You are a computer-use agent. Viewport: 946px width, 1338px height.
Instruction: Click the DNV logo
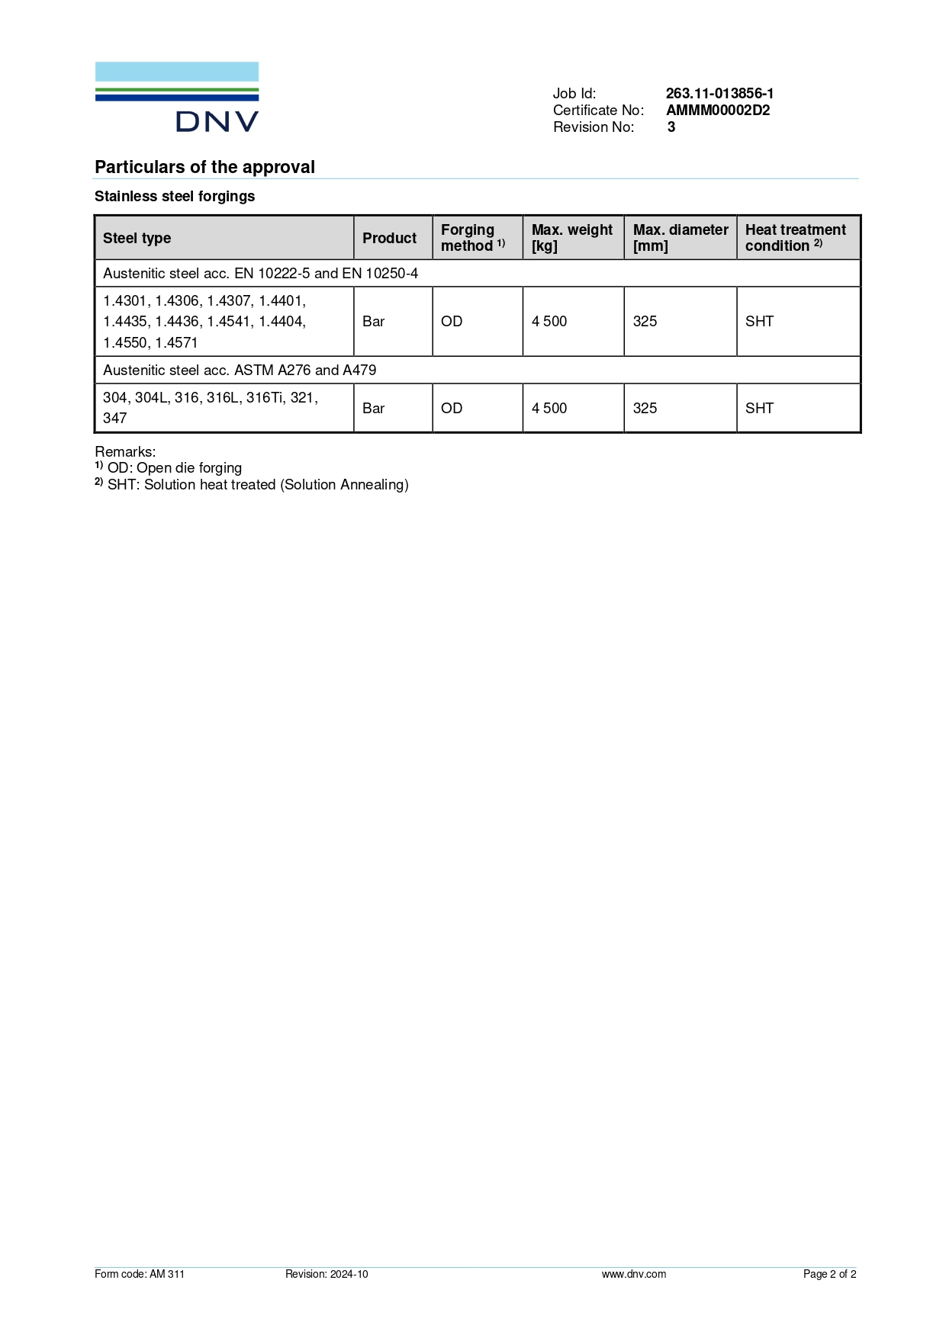click(x=177, y=97)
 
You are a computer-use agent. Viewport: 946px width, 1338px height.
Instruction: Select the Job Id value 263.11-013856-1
click(x=719, y=93)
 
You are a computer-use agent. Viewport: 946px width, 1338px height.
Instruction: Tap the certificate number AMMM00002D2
click(x=718, y=110)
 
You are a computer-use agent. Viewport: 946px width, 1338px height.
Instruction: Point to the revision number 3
click(x=671, y=127)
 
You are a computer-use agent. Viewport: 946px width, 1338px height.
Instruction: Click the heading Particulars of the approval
click(x=204, y=167)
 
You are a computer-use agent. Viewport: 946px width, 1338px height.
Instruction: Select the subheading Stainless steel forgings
click(x=175, y=196)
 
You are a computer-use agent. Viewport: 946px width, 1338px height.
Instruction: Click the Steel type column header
click(x=137, y=238)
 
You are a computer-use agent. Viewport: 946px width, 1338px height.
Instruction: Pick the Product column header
click(x=389, y=238)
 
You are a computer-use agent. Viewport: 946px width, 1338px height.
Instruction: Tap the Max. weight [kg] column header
click(x=572, y=238)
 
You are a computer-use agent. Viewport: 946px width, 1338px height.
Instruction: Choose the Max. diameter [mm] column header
click(x=681, y=238)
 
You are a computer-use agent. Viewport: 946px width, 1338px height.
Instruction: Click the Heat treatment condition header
click(x=796, y=238)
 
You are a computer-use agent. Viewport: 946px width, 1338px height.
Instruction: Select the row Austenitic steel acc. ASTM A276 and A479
click(x=240, y=370)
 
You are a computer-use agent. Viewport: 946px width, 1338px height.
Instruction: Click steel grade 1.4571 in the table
click(x=176, y=342)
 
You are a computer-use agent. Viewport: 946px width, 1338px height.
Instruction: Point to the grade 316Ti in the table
click(x=264, y=397)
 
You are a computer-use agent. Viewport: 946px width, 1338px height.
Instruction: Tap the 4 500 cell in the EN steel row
click(x=549, y=321)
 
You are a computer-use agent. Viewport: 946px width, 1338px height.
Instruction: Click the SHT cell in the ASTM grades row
click(x=759, y=408)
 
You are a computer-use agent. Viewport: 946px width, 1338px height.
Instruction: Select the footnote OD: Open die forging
click(x=174, y=467)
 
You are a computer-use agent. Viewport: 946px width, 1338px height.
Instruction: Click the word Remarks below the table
click(x=124, y=451)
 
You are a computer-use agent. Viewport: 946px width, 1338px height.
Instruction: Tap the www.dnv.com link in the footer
click(x=633, y=1274)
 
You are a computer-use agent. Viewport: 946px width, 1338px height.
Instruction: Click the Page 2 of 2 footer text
click(x=829, y=1274)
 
